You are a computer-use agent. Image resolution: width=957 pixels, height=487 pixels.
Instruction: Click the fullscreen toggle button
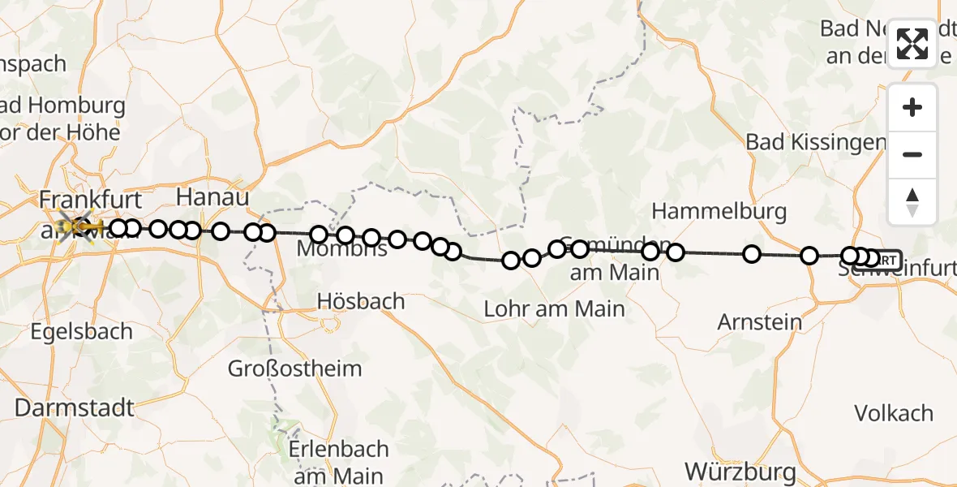912,44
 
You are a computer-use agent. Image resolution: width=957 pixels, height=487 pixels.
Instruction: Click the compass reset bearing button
912,202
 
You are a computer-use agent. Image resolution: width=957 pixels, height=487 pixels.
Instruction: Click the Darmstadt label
75,407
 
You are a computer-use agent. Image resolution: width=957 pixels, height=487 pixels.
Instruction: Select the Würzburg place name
740,471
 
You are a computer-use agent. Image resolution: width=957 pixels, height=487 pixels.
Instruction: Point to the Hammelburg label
719,212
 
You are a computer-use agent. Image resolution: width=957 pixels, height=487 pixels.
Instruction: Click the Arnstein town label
760,322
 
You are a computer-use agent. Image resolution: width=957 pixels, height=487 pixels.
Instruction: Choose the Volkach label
895,413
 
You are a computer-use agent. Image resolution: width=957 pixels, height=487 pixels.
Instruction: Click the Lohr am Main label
554,308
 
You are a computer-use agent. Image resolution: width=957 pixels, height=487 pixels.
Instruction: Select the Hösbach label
361,301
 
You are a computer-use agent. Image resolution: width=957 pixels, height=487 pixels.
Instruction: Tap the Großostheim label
294,368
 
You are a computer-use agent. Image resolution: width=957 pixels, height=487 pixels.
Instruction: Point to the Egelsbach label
81,331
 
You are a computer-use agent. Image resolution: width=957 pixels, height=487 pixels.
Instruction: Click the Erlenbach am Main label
341,462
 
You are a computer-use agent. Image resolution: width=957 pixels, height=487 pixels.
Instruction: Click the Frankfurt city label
91,200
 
